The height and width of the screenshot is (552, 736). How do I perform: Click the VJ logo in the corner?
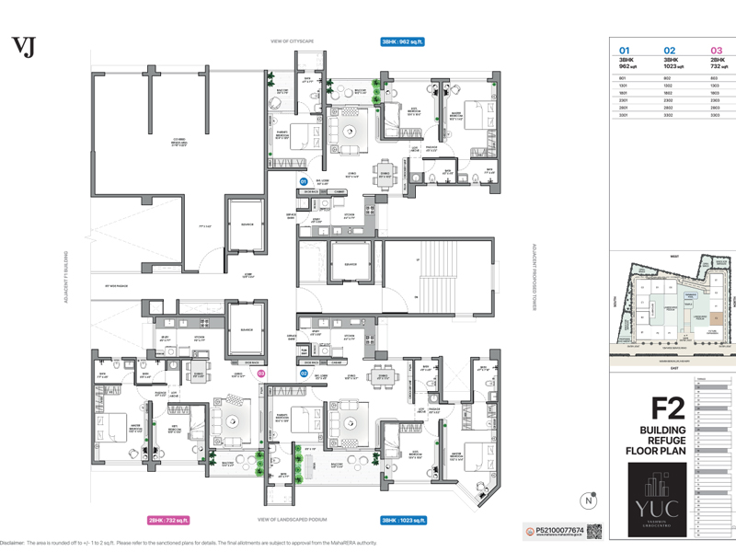pos(22,47)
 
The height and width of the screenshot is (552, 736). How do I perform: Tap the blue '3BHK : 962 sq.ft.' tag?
pos(403,41)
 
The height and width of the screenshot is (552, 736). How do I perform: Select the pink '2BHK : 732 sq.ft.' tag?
pos(168,520)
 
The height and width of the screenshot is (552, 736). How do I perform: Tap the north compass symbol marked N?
pos(586,500)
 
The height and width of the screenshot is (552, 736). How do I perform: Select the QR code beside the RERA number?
pos(594,532)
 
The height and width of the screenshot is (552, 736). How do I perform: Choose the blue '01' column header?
pos(625,51)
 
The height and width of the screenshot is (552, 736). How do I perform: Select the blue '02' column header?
pos(670,51)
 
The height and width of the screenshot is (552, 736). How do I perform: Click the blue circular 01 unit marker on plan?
pos(303,182)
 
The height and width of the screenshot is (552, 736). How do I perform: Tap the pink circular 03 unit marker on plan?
pos(260,374)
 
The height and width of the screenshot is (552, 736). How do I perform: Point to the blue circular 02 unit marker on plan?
pos(303,374)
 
